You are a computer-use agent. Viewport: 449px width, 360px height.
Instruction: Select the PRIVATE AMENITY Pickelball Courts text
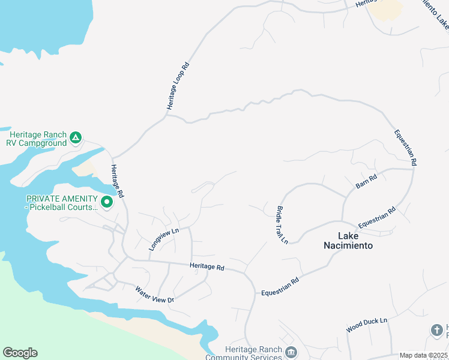tap(61, 203)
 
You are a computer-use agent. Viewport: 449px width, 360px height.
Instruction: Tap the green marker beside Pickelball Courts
tap(107, 202)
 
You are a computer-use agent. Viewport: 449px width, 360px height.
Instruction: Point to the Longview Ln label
tap(164, 238)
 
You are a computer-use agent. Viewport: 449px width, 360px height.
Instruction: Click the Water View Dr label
tap(154, 295)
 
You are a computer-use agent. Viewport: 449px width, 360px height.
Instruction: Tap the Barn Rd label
tap(366, 181)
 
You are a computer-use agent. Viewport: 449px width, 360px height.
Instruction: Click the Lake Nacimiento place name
tap(348, 241)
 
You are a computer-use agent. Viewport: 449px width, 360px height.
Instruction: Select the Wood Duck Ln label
tap(367, 326)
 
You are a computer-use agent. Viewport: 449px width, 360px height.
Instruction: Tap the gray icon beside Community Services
tap(291, 352)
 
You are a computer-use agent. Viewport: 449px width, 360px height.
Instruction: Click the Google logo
tap(20, 353)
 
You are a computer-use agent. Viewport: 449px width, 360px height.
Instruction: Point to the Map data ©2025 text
tap(424, 355)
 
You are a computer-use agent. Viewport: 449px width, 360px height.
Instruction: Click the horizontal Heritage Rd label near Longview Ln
tap(206, 266)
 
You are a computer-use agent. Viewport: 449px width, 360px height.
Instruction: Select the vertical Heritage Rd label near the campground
tap(117, 182)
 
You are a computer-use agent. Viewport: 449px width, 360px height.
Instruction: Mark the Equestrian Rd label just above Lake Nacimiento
tap(377, 217)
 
